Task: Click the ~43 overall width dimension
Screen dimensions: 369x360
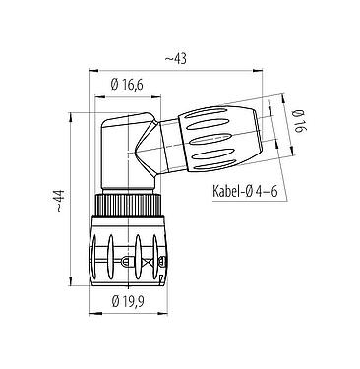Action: point(177,59)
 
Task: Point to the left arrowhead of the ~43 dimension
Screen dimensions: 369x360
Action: point(93,71)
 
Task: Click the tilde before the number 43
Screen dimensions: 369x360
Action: point(168,59)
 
